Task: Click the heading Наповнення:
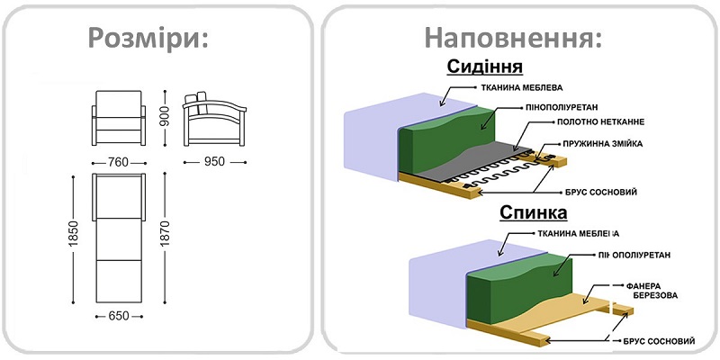click(x=512, y=38)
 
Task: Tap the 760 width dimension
click(x=119, y=162)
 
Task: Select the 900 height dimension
click(x=165, y=114)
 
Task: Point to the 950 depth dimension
click(x=214, y=162)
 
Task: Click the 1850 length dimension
click(x=75, y=236)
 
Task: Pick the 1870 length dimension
click(x=165, y=236)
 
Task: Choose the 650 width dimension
click(x=119, y=316)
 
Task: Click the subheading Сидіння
click(x=485, y=67)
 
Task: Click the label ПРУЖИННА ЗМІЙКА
click(x=604, y=144)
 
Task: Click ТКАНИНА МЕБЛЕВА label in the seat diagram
click(x=526, y=89)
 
